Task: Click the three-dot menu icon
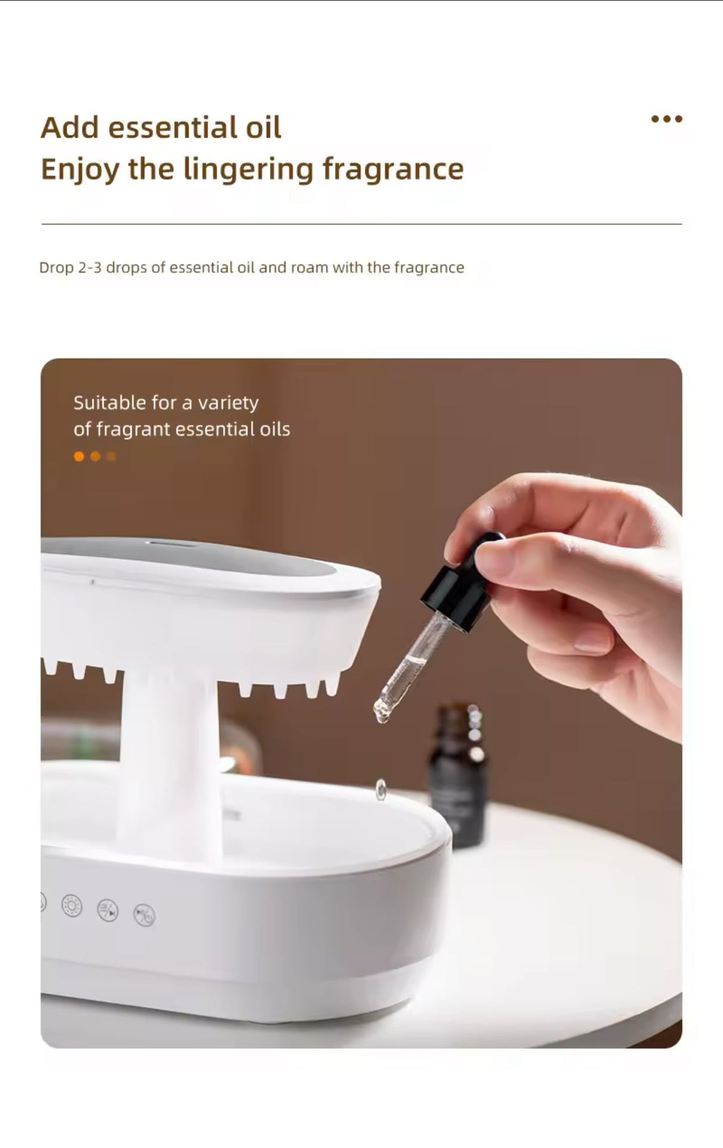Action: click(x=666, y=119)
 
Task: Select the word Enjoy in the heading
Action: click(x=80, y=170)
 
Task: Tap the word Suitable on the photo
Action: click(x=110, y=403)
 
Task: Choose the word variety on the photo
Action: click(x=228, y=404)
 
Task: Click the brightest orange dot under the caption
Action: click(x=79, y=457)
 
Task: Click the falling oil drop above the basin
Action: click(x=381, y=790)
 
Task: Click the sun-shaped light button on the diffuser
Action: click(x=72, y=906)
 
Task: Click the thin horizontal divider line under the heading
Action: click(x=361, y=224)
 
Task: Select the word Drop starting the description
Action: click(x=56, y=268)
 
